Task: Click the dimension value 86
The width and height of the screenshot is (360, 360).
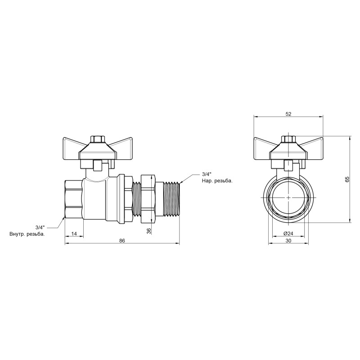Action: pyautogui.click(x=122, y=241)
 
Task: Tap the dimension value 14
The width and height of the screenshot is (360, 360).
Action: pyautogui.click(x=75, y=234)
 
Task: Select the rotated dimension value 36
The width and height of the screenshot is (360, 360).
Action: pyautogui.click(x=149, y=230)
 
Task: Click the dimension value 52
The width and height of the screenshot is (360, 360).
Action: pyautogui.click(x=288, y=114)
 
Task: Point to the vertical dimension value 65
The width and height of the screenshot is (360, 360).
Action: pyautogui.click(x=347, y=179)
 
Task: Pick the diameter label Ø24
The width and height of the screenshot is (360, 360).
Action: pyautogui.click(x=288, y=234)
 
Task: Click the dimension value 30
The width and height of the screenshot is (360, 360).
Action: pyautogui.click(x=288, y=241)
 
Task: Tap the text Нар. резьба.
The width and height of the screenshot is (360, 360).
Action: pyautogui.click(x=217, y=181)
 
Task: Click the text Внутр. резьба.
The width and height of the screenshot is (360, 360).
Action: pyautogui.click(x=27, y=234)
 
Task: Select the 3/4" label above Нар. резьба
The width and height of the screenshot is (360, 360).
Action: pyautogui.click(x=207, y=174)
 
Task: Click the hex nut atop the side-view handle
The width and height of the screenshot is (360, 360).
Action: pyautogui.click(x=97, y=139)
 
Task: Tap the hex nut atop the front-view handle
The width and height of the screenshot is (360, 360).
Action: pyautogui.click(x=288, y=139)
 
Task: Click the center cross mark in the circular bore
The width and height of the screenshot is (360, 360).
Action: pyautogui.click(x=288, y=198)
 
